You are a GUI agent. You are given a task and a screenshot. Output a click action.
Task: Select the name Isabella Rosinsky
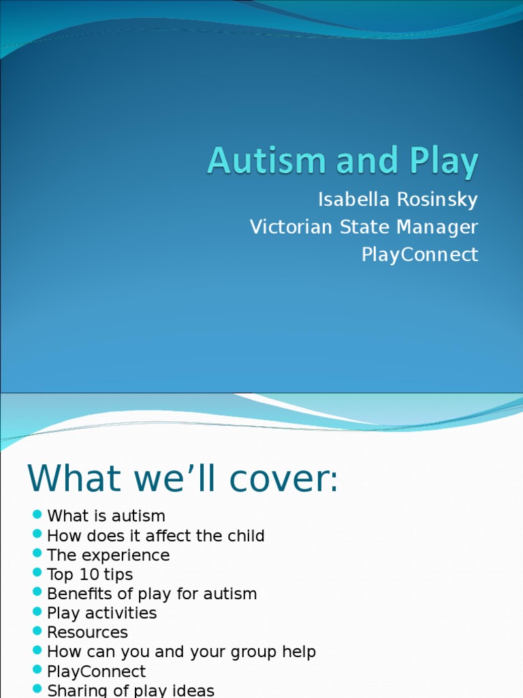pos(398,200)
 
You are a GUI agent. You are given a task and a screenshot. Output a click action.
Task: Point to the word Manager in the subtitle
pos(436,227)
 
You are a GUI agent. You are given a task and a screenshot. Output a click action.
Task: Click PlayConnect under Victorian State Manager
pos(419,254)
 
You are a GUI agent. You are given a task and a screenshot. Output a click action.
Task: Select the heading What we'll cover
pos(182,479)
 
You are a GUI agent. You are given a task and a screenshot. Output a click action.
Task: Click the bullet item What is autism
pos(106,516)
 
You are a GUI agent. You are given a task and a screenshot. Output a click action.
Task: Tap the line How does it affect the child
pos(155,536)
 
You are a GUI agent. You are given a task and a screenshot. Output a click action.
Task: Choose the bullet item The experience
pos(108,555)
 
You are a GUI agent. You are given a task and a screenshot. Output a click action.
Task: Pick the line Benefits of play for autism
pos(152,594)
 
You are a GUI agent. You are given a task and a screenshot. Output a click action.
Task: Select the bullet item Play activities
pos(101,613)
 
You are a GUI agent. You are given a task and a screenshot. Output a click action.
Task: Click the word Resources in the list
pos(87,633)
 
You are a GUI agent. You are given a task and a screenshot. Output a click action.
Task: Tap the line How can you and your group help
pos(181,652)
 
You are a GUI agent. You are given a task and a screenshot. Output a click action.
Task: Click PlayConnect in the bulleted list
pos(96,671)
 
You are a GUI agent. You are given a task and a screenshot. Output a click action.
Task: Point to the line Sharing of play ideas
pos(131,690)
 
